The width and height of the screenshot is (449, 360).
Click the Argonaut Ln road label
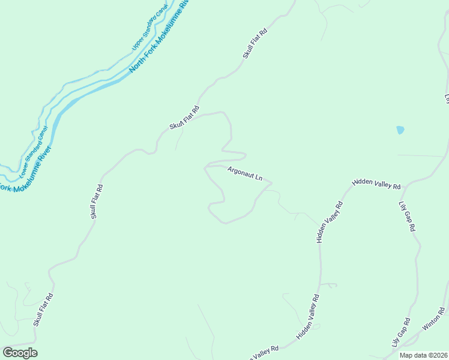245,174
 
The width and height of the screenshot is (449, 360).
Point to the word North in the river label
136,67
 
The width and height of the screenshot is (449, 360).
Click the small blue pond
400,130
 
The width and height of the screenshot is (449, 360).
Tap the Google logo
20,353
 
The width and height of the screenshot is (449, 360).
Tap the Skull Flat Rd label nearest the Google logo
43,310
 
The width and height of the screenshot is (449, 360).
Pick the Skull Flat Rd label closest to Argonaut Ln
184,118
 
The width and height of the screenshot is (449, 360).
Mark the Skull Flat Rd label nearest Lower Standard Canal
97,201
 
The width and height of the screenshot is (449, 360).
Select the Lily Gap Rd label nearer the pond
407,216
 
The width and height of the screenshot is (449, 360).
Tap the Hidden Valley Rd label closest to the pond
376,184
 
